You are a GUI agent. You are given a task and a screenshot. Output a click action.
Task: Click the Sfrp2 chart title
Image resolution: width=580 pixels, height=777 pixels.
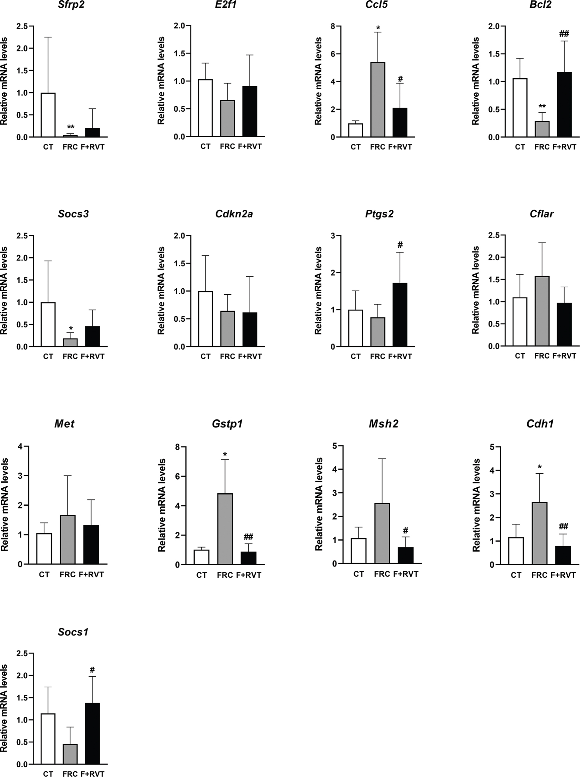[x=71, y=5]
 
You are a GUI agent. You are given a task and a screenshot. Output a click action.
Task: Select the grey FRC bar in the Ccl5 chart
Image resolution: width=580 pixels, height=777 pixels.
[x=378, y=100]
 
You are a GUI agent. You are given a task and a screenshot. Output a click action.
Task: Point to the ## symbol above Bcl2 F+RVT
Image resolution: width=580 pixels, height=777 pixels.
[x=564, y=34]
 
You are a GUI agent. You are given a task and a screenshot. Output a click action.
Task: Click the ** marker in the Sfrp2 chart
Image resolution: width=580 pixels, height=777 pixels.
[x=70, y=127]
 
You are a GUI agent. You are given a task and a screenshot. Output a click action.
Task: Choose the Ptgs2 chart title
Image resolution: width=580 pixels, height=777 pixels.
[x=379, y=214]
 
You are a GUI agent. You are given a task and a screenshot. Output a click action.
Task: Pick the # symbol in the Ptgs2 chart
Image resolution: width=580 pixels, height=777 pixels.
[x=400, y=245]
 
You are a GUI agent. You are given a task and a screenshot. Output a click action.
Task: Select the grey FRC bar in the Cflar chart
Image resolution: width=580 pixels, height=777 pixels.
[x=542, y=311]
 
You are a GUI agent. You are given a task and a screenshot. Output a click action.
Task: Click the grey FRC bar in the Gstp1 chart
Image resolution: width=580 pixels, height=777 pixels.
[x=225, y=529]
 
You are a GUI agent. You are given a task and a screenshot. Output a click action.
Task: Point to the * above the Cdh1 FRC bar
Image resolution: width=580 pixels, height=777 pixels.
[x=540, y=467]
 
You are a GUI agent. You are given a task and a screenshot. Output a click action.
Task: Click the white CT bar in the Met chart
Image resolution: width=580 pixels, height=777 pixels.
[x=44, y=549]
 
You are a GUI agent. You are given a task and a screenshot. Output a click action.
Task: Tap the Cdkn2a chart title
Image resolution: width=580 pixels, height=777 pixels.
[x=234, y=214]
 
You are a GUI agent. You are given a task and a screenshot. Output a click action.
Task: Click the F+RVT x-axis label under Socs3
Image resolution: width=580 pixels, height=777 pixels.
[x=92, y=357]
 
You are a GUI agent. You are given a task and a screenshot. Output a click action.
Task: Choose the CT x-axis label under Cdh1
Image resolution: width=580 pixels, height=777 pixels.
[x=516, y=575]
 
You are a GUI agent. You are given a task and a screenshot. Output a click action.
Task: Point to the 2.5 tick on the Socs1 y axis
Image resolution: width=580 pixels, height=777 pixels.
[x=22, y=654]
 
